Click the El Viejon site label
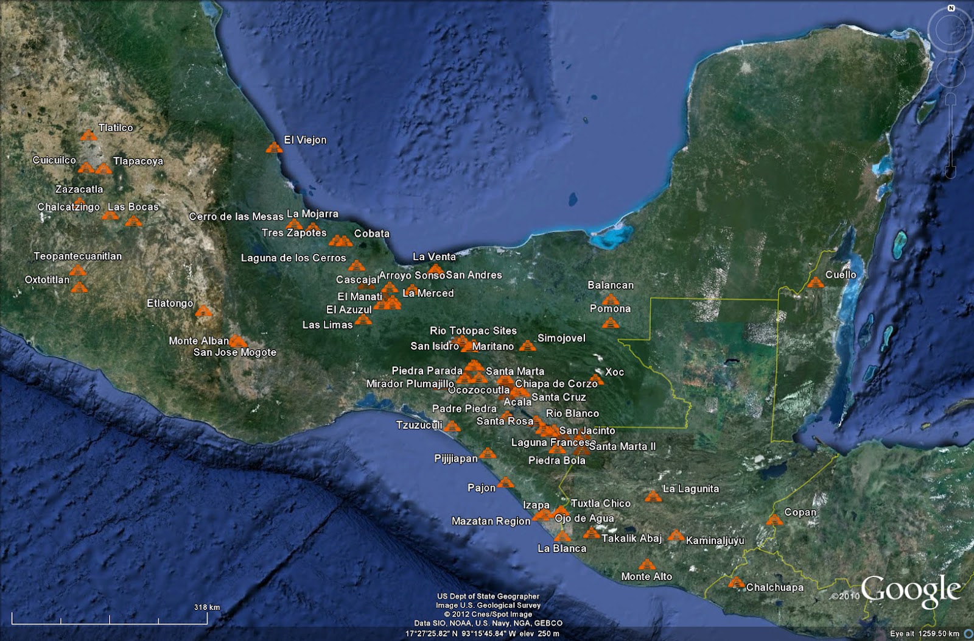[305, 140]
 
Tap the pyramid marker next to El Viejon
[274, 147]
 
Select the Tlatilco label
[116, 128]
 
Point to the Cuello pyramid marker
[815, 282]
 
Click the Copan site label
[800, 512]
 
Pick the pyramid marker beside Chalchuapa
[736, 583]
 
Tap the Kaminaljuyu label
[715, 540]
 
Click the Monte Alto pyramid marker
[646, 565]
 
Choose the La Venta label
[434, 257]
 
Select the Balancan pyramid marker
[610, 299]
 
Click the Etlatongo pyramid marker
[203, 311]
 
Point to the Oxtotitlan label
[47, 280]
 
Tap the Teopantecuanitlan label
[77, 256]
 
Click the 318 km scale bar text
[206, 607]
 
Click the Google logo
[911, 591]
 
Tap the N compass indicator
[951, 9]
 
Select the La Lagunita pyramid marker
[653, 496]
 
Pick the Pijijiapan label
[455, 458]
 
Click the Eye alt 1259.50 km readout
[924, 634]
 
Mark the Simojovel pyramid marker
[527, 345]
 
